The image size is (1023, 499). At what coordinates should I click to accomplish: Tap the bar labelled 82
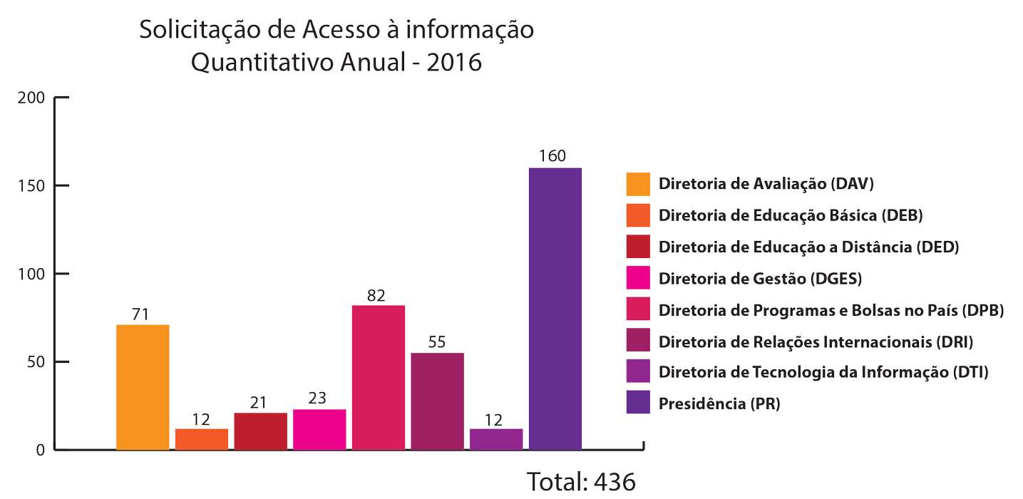[379, 377]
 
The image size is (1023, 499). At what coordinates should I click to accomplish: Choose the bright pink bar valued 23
[319, 429]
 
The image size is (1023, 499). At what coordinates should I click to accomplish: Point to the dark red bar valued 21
[260, 431]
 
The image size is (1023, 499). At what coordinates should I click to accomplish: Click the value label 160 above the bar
[552, 156]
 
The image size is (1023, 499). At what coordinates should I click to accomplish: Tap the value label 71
[140, 314]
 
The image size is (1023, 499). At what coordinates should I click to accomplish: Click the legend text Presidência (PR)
[719, 403]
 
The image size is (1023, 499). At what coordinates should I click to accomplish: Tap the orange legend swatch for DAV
[638, 184]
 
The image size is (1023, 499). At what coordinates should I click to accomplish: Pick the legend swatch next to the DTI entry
[638, 371]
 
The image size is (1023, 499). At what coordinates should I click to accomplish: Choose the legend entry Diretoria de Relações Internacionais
[816, 341]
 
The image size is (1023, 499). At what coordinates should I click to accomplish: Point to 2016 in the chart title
[454, 63]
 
